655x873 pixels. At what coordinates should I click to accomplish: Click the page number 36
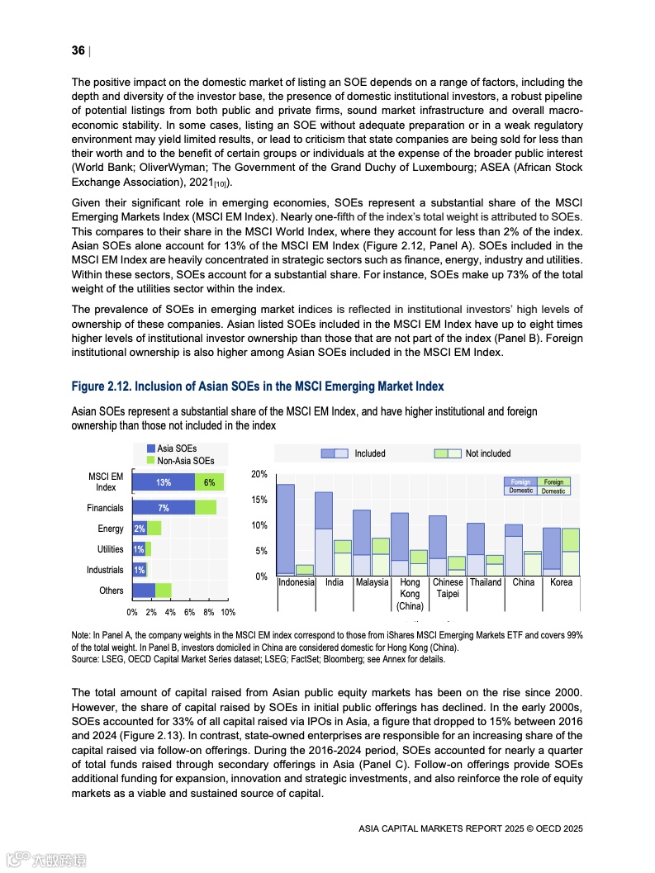point(78,51)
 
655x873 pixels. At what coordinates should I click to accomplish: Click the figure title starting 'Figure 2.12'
point(258,387)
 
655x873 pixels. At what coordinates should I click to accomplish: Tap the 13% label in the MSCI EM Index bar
point(164,483)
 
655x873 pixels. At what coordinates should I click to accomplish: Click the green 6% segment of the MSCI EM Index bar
point(209,483)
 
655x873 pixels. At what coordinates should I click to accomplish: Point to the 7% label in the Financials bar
point(164,508)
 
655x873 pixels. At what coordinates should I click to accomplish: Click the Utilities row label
point(110,549)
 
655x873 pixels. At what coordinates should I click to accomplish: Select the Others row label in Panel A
point(111,591)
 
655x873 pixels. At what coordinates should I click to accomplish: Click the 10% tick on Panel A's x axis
point(227,612)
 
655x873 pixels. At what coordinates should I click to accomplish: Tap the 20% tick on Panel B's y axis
point(259,474)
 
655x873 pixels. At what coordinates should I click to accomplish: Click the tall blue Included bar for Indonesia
point(286,529)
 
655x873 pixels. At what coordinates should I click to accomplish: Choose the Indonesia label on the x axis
point(297,582)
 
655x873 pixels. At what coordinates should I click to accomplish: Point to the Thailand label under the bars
point(486,582)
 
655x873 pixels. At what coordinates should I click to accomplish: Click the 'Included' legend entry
point(369,453)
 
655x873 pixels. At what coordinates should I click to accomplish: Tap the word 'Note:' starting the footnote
point(83,634)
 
